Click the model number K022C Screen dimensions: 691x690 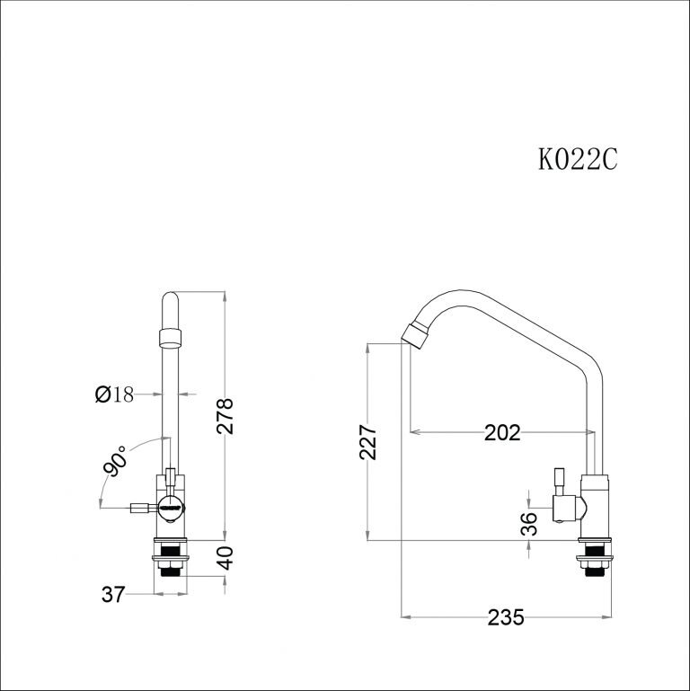click(579, 159)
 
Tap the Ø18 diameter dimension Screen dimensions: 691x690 click(114, 394)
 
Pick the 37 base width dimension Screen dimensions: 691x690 click(113, 593)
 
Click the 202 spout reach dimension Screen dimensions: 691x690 click(502, 433)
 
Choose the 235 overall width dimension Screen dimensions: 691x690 click(505, 617)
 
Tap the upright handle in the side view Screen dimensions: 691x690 click(558, 482)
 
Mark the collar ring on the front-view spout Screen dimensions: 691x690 click(171, 338)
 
